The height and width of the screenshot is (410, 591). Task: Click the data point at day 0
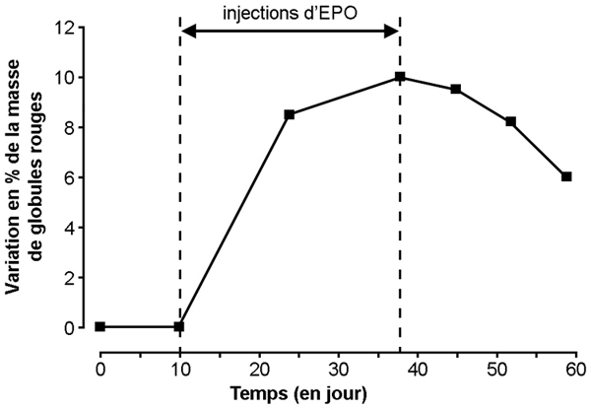[x=100, y=326]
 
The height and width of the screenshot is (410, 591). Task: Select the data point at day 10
[x=179, y=326]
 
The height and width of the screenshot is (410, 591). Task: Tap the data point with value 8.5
[x=290, y=114]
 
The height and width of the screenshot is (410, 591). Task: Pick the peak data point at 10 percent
[x=400, y=77]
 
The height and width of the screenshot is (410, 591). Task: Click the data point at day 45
[x=456, y=89]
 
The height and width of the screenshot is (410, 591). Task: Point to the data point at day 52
[x=511, y=121]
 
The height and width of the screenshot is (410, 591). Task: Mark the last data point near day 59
[x=566, y=176]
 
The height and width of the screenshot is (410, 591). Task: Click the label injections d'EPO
[x=290, y=14]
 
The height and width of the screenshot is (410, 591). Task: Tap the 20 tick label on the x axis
[x=259, y=367]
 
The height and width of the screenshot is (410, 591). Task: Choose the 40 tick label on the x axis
[x=417, y=367]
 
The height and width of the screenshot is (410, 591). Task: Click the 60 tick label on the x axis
[x=574, y=367]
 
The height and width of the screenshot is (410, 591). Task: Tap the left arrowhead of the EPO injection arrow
[x=188, y=33]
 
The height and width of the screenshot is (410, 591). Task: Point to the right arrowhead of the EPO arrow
[x=393, y=33]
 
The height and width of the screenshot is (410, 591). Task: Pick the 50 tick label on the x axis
[x=495, y=367]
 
